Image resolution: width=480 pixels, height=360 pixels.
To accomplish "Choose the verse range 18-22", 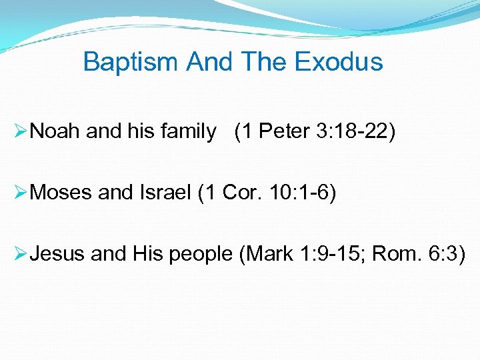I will point(362,132).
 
